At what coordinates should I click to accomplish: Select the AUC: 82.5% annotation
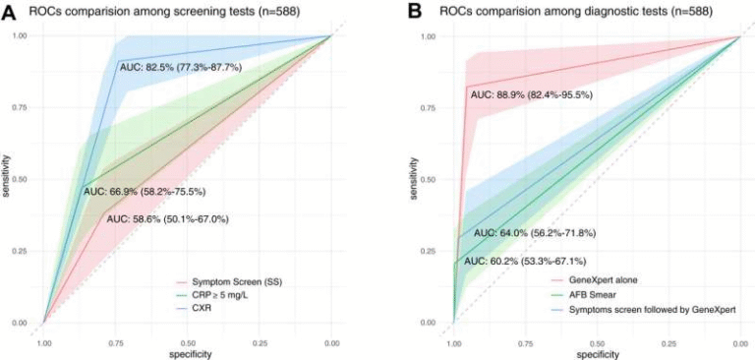pyautogui.click(x=181, y=67)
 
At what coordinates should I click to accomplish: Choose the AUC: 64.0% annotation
pyautogui.click(x=535, y=233)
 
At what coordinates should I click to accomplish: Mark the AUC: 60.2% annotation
pyautogui.click(x=526, y=261)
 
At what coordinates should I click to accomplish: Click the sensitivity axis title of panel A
pyautogui.click(x=8, y=178)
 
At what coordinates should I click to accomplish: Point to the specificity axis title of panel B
pyautogui.click(x=597, y=353)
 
